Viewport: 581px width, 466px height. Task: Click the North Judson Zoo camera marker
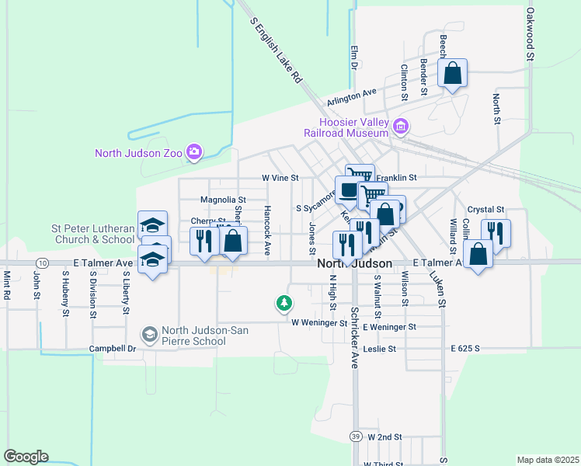click(194, 152)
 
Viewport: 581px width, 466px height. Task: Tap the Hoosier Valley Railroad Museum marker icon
click(401, 126)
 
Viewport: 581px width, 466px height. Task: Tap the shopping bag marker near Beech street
click(453, 75)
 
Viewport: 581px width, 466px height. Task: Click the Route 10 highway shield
click(43, 263)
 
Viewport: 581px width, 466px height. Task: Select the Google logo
click(26, 457)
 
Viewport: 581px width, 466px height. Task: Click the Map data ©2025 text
click(548, 460)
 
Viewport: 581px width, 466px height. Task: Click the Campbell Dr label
click(113, 349)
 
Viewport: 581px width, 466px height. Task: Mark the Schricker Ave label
click(354, 337)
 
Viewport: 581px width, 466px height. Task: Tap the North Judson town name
click(350, 264)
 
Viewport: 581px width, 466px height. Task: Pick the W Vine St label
click(280, 178)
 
